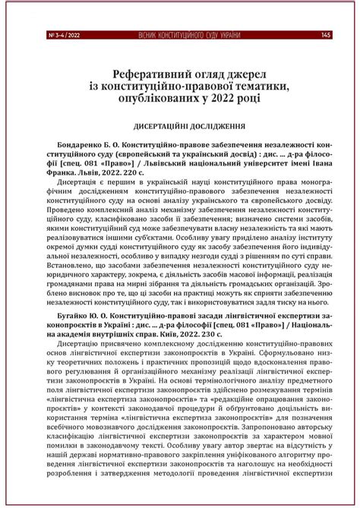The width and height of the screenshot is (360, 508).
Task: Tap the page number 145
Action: pos(325,34)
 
